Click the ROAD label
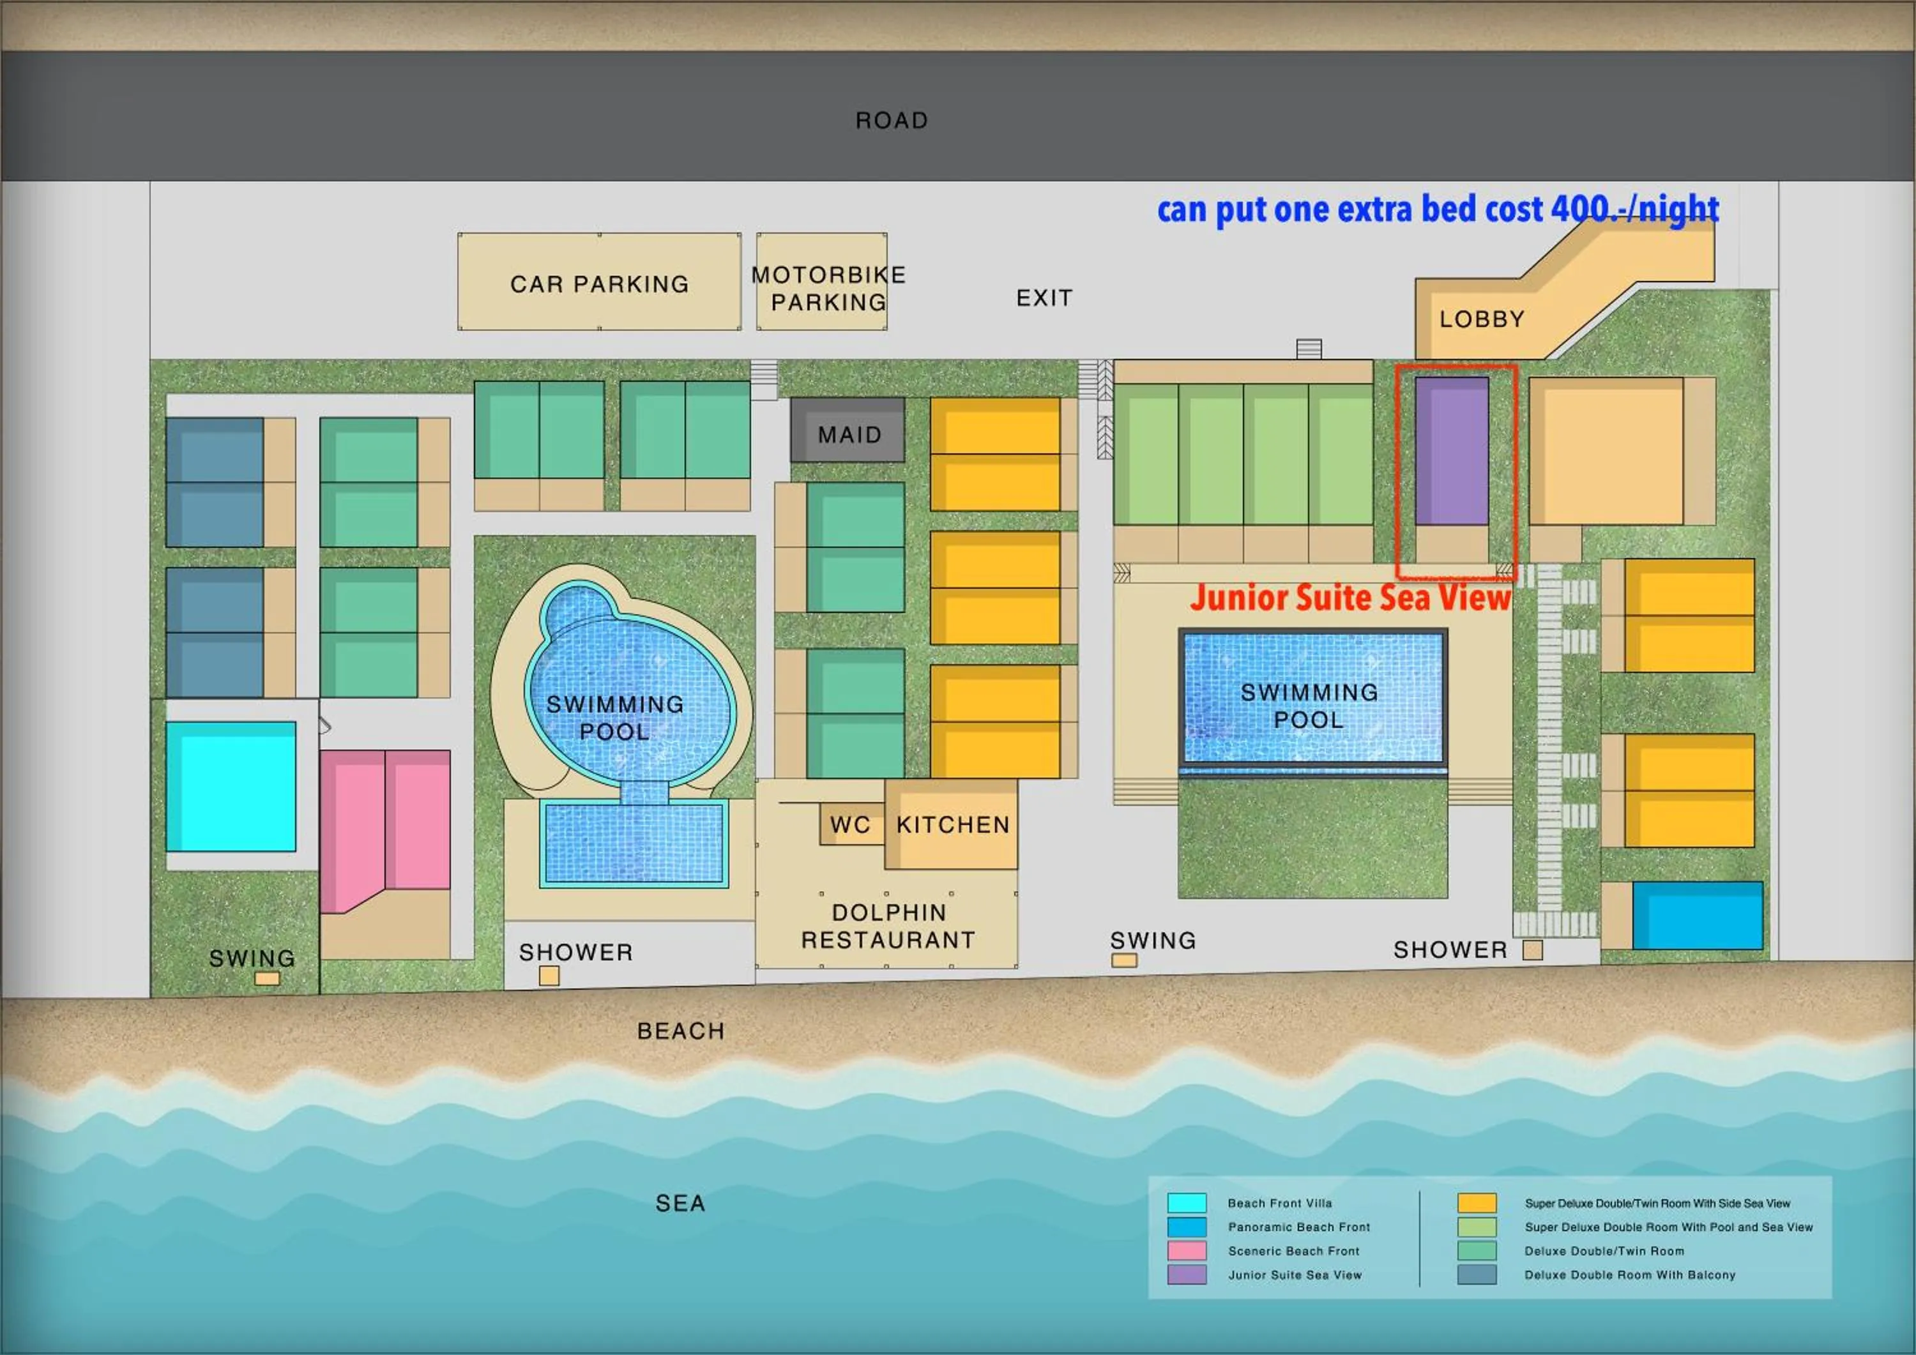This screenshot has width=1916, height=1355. click(x=891, y=121)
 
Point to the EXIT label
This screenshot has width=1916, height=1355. click(x=1044, y=298)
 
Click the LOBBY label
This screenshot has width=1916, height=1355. click(x=1481, y=319)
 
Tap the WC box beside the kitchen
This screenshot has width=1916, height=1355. click(x=850, y=824)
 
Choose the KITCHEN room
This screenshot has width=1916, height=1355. click(x=952, y=824)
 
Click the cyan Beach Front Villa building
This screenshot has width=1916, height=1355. click(x=231, y=786)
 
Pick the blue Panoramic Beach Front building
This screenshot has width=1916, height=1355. click(x=1698, y=915)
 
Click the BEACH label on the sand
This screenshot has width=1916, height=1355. click(x=680, y=1031)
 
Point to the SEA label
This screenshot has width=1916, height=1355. click(x=680, y=1203)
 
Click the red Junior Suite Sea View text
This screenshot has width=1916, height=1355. click(x=1350, y=598)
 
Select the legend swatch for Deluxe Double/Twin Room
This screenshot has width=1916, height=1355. click(x=1476, y=1251)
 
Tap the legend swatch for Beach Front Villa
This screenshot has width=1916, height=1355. click(x=1187, y=1203)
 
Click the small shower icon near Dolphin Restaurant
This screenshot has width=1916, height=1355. click(x=549, y=975)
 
